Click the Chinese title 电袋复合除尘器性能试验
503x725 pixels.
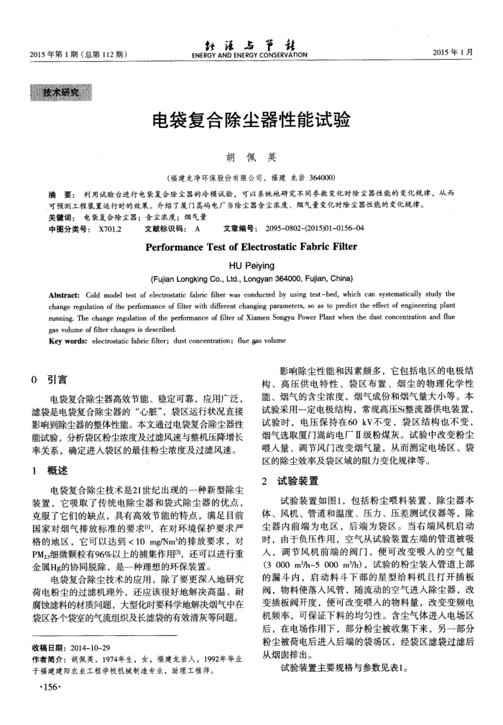click(x=251, y=120)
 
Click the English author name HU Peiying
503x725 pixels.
click(x=251, y=264)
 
